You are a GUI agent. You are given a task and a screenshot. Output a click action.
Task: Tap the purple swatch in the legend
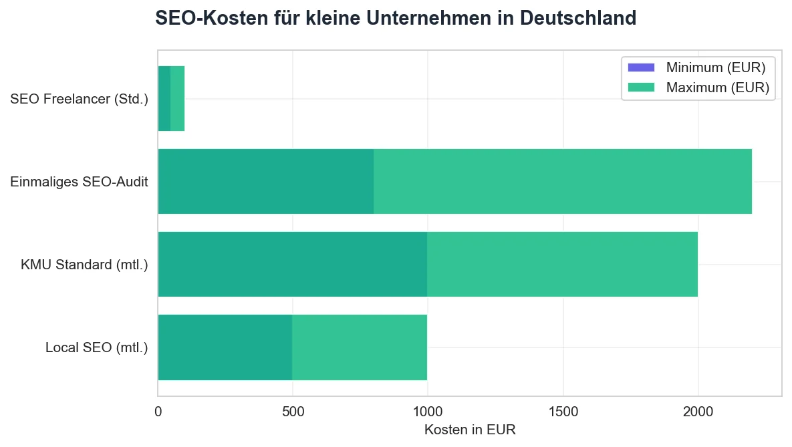[641, 67]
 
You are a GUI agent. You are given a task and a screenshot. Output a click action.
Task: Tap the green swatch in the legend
[641, 87]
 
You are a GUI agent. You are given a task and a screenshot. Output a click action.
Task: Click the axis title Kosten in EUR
[470, 430]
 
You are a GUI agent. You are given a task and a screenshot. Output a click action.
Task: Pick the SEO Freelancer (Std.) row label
[79, 100]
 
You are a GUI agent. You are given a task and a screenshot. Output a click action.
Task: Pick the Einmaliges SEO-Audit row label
[79, 182]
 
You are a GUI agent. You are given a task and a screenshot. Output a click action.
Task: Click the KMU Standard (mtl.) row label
[84, 265]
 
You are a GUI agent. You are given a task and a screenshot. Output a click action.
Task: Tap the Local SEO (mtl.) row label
[96, 347]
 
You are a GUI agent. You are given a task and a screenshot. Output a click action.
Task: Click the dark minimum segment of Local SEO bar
[225, 347]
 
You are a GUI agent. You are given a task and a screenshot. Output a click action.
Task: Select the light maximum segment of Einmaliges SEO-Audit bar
[561, 182]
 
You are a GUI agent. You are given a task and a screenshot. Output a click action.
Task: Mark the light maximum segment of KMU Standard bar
[561, 265]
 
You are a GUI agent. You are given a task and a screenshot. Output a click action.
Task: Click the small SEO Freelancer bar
[171, 99]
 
